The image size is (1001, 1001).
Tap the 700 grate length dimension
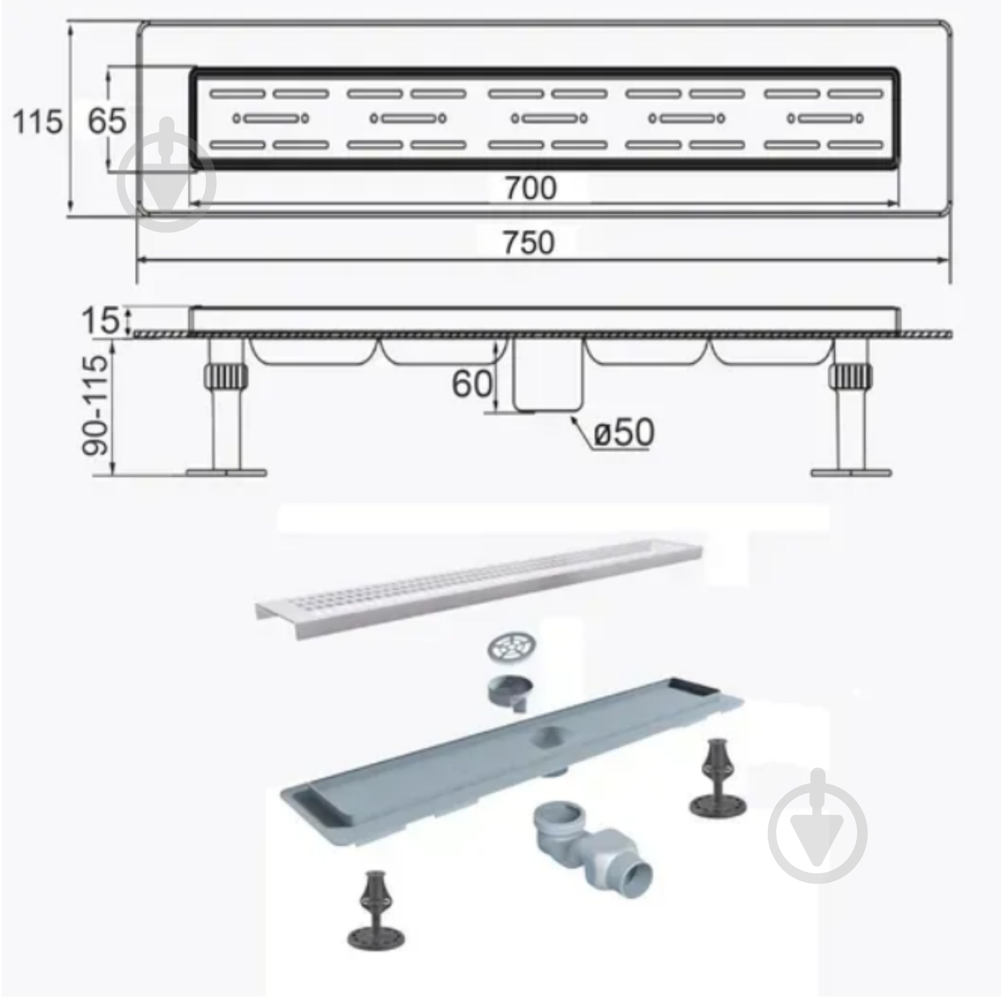click(531, 188)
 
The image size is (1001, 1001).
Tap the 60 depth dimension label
click(472, 384)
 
